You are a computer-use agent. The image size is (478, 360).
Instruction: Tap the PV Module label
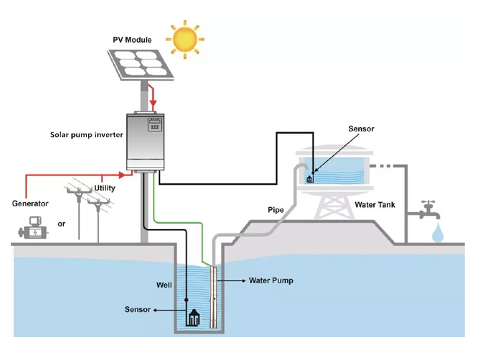click(x=133, y=40)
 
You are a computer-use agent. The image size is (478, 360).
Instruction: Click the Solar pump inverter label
click(x=87, y=134)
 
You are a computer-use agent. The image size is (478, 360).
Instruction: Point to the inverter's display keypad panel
click(x=156, y=127)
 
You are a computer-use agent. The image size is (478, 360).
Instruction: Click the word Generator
click(x=30, y=203)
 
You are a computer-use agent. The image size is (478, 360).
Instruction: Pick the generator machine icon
click(x=31, y=232)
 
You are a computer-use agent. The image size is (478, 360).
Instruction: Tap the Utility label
click(x=104, y=188)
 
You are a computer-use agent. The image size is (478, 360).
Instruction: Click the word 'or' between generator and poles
click(x=61, y=224)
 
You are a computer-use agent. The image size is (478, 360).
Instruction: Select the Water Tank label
click(x=375, y=205)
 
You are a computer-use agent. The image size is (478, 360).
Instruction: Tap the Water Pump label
click(x=271, y=281)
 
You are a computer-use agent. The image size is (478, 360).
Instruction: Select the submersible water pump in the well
click(x=214, y=296)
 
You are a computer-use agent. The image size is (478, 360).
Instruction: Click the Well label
click(x=165, y=284)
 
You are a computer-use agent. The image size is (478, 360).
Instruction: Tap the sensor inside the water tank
click(x=310, y=178)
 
